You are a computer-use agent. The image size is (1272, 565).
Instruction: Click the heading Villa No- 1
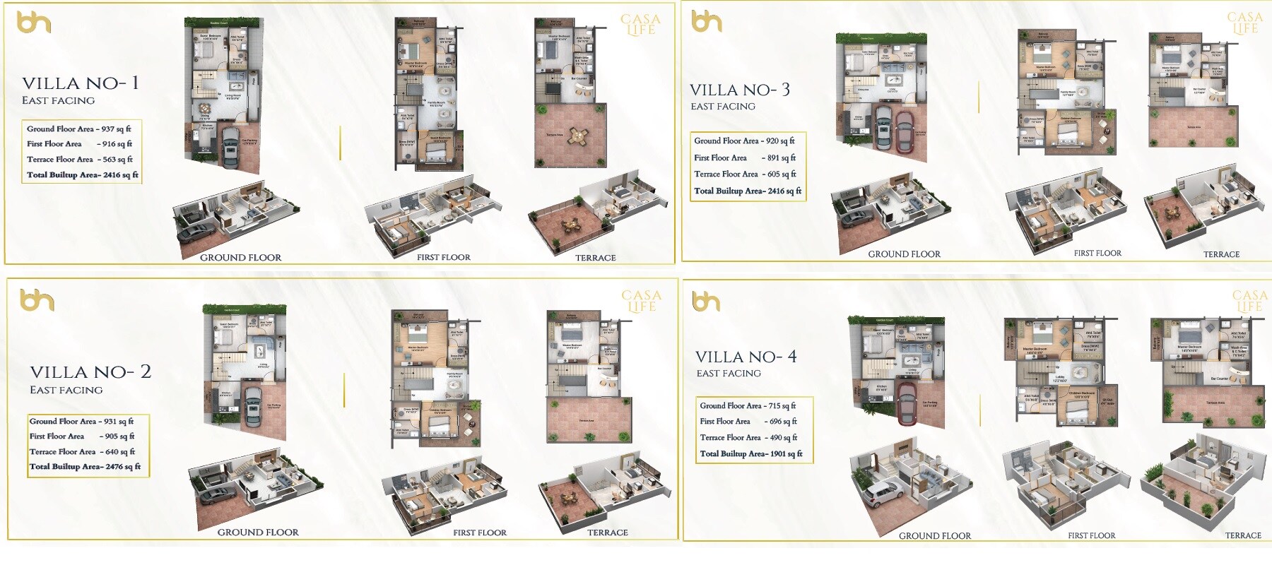pyautogui.click(x=80, y=83)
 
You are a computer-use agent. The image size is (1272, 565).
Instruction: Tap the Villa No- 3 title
pyautogui.click(x=740, y=90)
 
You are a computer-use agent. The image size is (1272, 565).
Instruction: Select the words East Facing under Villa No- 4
pyautogui.click(x=729, y=374)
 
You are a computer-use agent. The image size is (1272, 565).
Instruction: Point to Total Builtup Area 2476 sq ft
pyautogui.click(x=85, y=467)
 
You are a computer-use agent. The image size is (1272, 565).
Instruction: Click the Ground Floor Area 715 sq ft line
pyautogui.click(x=748, y=406)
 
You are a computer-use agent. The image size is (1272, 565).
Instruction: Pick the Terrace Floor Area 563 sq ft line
pyautogui.click(x=79, y=160)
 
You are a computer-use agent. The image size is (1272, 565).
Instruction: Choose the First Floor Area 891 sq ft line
pyautogui.click(x=745, y=158)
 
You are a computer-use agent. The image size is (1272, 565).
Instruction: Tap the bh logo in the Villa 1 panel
pyautogui.click(x=34, y=23)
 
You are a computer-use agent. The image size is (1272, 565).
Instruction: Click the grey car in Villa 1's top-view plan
pyautogui.click(x=230, y=148)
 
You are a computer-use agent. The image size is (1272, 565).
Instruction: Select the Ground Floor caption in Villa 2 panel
pyautogui.click(x=258, y=533)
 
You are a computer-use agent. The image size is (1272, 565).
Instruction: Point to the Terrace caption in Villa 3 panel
pyautogui.click(x=1221, y=254)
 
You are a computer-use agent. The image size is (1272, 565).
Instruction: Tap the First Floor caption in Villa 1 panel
pyautogui.click(x=443, y=258)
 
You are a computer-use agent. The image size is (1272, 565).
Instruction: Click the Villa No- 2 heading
pyautogui.click(x=90, y=372)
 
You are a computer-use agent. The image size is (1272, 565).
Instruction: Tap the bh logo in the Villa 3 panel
pyautogui.click(x=707, y=22)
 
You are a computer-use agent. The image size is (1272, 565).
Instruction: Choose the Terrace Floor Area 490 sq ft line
pyautogui.click(x=748, y=438)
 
